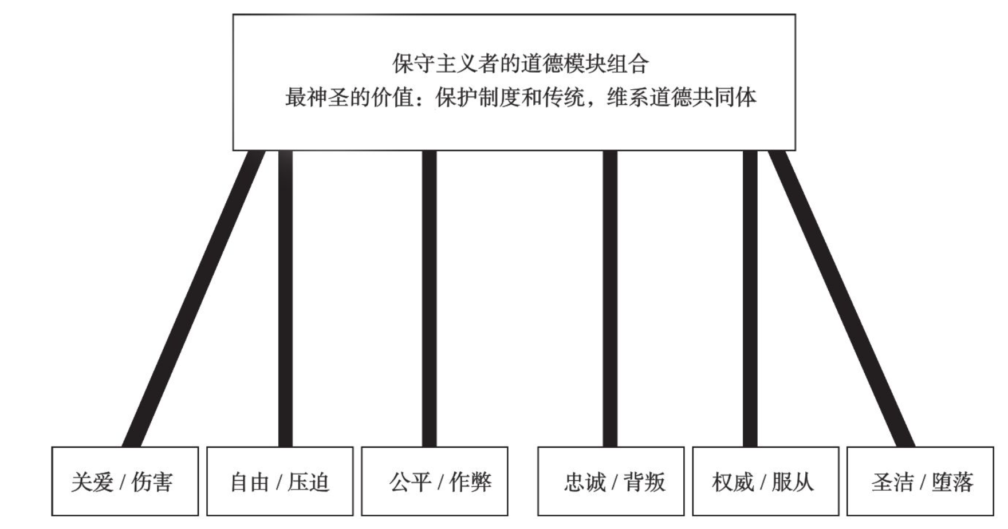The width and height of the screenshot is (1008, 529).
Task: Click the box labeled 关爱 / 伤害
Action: [x=125, y=481]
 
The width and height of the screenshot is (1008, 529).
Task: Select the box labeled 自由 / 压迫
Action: [x=279, y=481]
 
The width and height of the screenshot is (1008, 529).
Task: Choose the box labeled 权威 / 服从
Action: [x=765, y=481]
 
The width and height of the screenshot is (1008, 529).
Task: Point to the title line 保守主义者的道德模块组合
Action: [x=520, y=63]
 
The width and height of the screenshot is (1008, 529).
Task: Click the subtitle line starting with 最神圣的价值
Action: [x=520, y=97]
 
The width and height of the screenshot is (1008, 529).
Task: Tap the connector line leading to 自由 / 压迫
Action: [x=285, y=298]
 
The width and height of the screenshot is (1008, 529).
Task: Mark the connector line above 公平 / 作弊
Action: [x=429, y=298]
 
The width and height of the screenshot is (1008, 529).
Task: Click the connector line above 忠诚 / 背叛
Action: [x=610, y=298]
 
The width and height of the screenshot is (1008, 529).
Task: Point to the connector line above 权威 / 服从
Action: [x=750, y=298]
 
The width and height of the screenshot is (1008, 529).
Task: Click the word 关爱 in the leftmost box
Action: [x=92, y=482]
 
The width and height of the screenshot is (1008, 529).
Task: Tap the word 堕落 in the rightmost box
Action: [x=952, y=482]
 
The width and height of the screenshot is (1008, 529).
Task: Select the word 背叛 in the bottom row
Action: [x=645, y=482]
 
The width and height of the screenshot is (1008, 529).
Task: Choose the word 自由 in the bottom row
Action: [x=249, y=482]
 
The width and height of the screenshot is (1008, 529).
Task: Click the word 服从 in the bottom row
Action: [x=793, y=482]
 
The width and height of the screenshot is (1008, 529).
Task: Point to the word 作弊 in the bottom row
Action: [x=470, y=482]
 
